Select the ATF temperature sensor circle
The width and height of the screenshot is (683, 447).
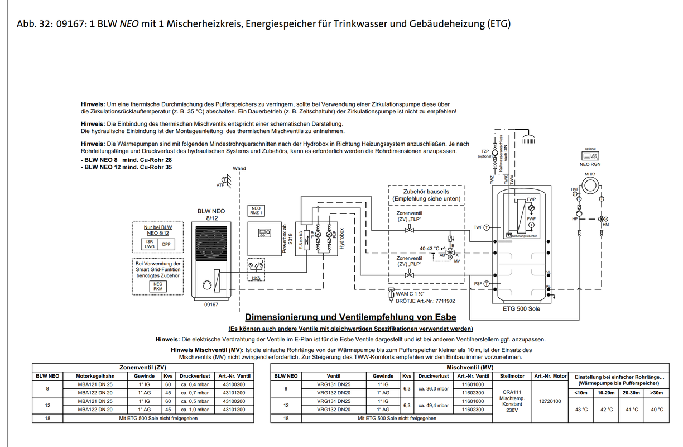[x=225, y=179]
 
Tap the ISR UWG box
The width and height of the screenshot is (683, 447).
[x=150, y=244]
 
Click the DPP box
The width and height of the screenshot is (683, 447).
[x=166, y=244]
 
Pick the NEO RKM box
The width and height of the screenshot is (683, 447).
[x=158, y=286]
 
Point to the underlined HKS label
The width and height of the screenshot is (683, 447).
[x=256, y=278]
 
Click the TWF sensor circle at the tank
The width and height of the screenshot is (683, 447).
[x=486, y=227]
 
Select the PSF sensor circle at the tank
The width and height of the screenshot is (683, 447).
[x=486, y=284]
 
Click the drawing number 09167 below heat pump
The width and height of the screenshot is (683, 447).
[x=211, y=305]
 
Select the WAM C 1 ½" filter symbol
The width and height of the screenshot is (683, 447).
[x=390, y=294]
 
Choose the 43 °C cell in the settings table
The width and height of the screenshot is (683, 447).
[x=581, y=410]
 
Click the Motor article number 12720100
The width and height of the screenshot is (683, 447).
[x=550, y=401]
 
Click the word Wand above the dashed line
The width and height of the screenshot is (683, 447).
[x=239, y=168]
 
